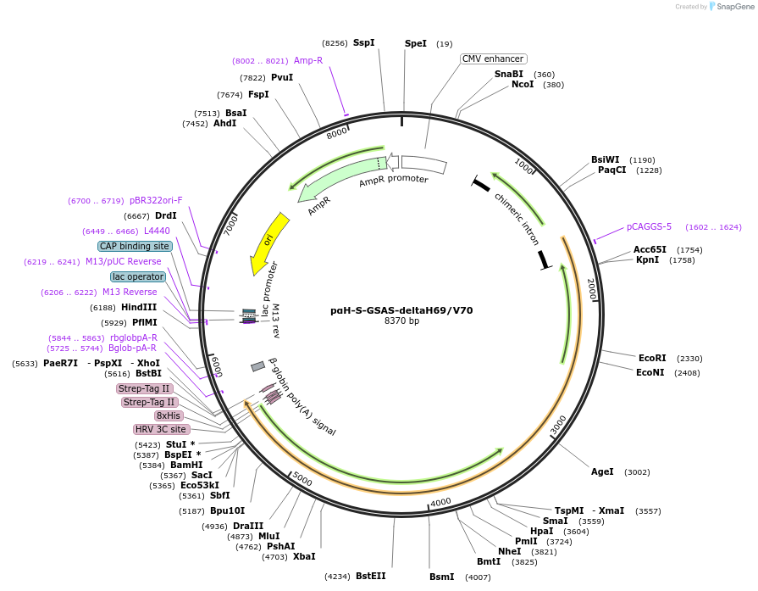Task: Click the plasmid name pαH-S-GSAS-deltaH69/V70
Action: pyautogui.click(x=401, y=310)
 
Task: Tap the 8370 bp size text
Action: pyautogui.click(x=401, y=321)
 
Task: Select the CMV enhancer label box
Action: pyautogui.click(x=493, y=59)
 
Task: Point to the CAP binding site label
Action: pyautogui.click(x=135, y=246)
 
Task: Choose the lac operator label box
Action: pyautogui.click(x=137, y=276)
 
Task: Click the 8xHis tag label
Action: pyautogui.click(x=168, y=415)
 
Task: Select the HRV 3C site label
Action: pyautogui.click(x=161, y=429)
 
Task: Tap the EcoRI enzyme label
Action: pyautogui.click(x=652, y=359)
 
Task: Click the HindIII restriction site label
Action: pyautogui.click(x=138, y=307)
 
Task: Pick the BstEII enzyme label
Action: pyautogui.click(x=370, y=576)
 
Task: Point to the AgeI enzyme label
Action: pyautogui.click(x=602, y=471)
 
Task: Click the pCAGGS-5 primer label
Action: pyautogui.click(x=649, y=226)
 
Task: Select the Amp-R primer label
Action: pyautogui.click(x=308, y=60)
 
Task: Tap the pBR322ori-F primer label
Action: pyautogui.click(x=156, y=201)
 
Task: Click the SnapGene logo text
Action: pyautogui.click(x=733, y=7)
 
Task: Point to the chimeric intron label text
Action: pyautogui.click(x=517, y=219)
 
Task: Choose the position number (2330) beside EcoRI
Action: pyautogui.click(x=689, y=359)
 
